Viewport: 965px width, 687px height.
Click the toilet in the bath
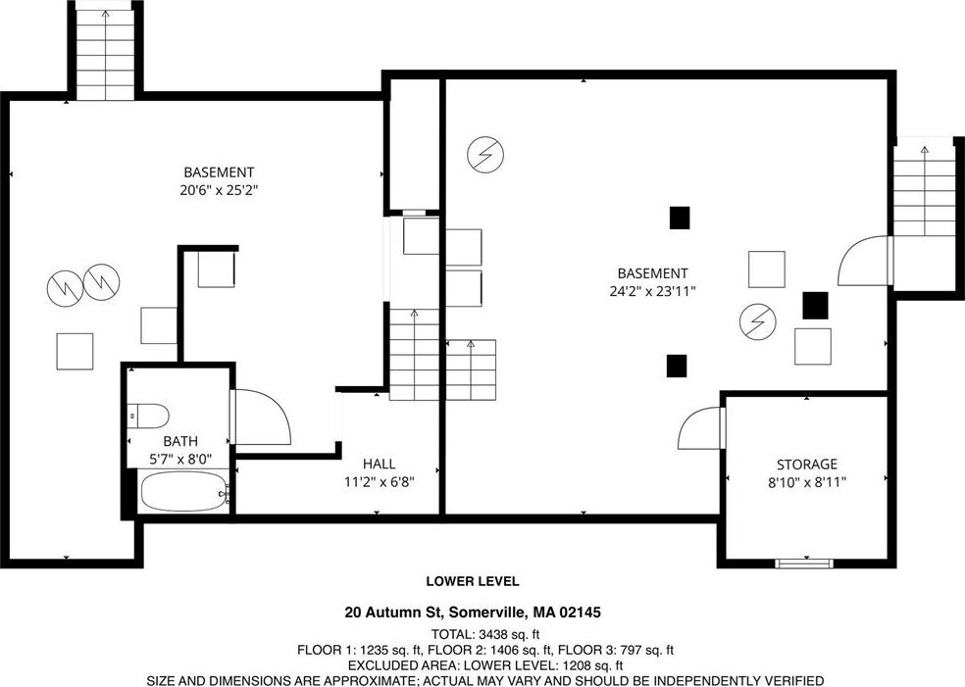click(x=148, y=416)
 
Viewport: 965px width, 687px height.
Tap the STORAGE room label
click(x=806, y=465)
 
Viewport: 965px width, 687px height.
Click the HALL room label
click(x=380, y=464)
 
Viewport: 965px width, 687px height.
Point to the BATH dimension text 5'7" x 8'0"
click(x=180, y=459)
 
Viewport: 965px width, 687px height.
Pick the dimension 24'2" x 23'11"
click(x=652, y=291)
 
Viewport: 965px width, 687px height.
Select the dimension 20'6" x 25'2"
click(x=219, y=190)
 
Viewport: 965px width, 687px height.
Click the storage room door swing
click(x=700, y=428)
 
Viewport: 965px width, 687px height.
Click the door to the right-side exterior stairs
click(x=863, y=261)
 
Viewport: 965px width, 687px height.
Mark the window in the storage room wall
click(x=804, y=563)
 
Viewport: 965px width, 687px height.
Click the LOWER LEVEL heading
click(x=473, y=581)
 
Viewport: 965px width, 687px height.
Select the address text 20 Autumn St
click(x=394, y=613)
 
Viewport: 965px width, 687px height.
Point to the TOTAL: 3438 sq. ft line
click(x=485, y=634)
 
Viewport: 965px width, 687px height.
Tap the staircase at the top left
click(x=105, y=54)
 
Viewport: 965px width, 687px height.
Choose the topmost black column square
click(x=680, y=218)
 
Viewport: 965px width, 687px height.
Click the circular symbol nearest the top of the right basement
click(x=485, y=154)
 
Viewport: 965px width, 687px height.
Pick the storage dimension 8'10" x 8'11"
click(x=807, y=483)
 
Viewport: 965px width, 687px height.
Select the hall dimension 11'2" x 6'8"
click(x=380, y=482)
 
